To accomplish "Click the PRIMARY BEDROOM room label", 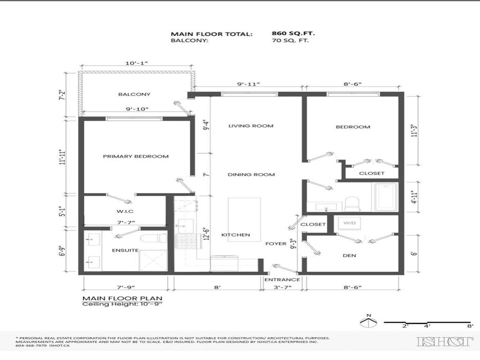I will [x=135, y=156].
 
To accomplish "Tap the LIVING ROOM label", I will [x=251, y=126].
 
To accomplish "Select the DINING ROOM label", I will [x=251, y=174].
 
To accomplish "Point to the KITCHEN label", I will [x=235, y=234].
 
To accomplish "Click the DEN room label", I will [x=349, y=255].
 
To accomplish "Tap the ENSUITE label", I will [x=125, y=250].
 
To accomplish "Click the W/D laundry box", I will [x=349, y=223].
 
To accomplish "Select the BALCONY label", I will [x=135, y=94].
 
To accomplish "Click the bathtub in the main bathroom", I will [x=384, y=197].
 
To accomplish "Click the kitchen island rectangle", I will [x=244, y=219].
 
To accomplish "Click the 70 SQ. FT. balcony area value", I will [x=290, y=41].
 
